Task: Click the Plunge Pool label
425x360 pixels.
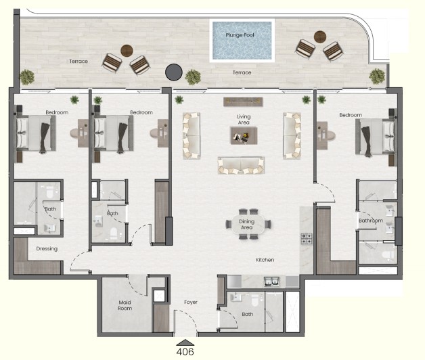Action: click(x=240, y=35)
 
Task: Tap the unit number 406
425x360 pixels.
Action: click(x=185, y=352)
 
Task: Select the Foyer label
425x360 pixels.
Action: click(x=191, y=302)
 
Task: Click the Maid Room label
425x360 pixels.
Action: click(x=125, y=305)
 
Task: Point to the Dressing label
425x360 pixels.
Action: click(x=47, y=248)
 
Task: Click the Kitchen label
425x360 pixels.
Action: click(x=265, y=260)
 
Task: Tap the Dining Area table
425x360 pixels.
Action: click(x=248, y=224)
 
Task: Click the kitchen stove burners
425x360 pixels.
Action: click(x=307, y=239)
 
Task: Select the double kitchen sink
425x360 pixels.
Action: click(x=272, y=282)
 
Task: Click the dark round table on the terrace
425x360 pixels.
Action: click(x=174, y=72)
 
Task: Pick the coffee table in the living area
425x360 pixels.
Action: click(x=244, y=136)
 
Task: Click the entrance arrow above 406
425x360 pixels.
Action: click(x=185, y=342)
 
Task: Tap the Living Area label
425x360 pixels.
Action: click(x=244, y=120)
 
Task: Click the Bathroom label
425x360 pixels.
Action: click(x=370, y=221)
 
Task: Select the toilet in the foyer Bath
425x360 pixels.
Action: click(x=254, y=299)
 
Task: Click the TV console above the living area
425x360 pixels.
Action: click(x=243, y=102)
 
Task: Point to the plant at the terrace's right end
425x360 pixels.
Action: click(x=377, y=76)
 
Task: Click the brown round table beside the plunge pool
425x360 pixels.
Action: click(x=320, y=37)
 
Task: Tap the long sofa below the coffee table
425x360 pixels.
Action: click(x=241, y=165)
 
